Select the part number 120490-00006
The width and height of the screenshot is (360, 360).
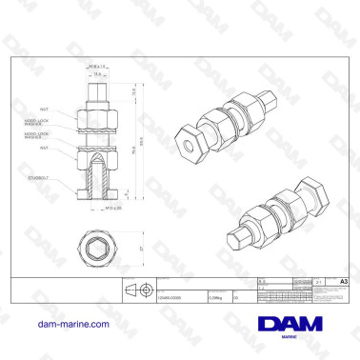171,297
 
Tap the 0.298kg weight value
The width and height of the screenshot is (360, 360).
217,297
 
